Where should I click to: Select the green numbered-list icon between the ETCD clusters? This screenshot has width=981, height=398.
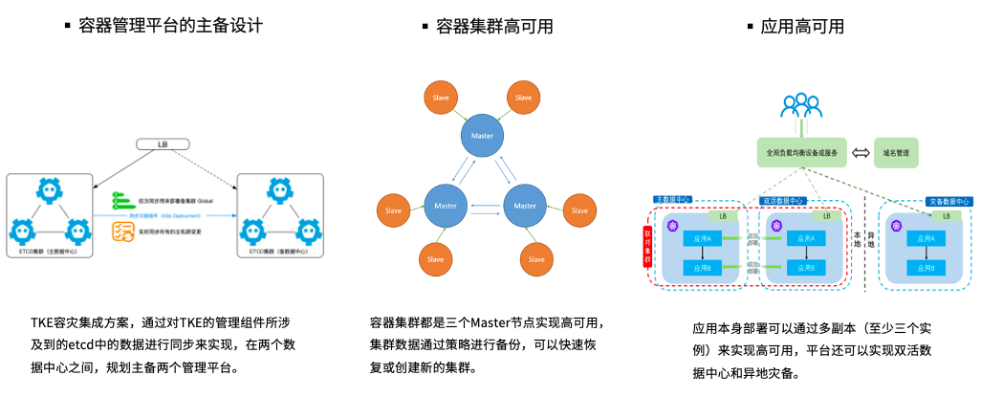121,199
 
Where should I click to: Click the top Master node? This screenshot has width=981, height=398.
483,134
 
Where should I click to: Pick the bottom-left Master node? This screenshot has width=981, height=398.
446,206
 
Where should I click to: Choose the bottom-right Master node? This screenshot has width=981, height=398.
525,206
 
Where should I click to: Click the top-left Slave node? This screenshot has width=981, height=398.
442,98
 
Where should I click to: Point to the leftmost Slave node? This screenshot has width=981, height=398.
394,210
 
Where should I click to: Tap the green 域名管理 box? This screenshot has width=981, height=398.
896,152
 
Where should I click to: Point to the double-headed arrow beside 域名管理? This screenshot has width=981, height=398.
860,152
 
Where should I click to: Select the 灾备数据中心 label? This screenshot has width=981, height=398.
949,202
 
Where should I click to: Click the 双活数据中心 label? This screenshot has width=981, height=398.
783,201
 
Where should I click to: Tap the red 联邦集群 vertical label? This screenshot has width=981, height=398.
646,246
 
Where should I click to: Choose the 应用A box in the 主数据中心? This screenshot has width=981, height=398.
703,237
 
